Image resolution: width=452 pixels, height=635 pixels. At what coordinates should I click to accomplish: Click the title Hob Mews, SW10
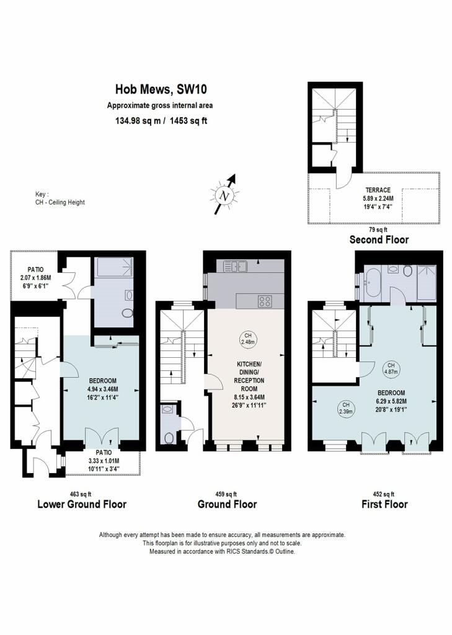161,89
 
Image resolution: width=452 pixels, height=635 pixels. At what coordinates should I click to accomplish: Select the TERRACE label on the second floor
378,190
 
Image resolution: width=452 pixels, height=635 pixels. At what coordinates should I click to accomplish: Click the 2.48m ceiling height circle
248,339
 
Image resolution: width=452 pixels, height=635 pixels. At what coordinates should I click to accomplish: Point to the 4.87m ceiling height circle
391,368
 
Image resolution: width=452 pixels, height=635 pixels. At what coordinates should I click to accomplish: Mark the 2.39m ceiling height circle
346,408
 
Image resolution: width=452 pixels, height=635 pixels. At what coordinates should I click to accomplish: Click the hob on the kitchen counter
265,301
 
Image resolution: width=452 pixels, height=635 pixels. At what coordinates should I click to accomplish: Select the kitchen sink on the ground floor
236,266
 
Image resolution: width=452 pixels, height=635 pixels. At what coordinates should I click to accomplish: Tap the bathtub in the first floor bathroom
372,283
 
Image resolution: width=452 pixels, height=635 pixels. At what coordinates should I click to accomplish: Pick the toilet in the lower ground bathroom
127,313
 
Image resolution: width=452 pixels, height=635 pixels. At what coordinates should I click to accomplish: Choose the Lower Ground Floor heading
82,504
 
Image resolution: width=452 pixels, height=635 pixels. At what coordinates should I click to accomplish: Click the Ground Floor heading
227,504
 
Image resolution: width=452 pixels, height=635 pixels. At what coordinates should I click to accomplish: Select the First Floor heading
384,504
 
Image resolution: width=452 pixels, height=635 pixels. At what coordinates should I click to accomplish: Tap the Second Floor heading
379,239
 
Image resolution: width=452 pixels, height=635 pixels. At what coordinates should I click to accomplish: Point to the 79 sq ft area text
378,229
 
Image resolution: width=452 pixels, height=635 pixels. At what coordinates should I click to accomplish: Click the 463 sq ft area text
81,494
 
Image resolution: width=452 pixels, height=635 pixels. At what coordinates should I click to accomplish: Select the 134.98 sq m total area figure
138,121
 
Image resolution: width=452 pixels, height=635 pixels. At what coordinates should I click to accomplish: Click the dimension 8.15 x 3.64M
249,397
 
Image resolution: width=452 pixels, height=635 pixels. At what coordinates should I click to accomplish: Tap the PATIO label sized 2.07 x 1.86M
35,270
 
